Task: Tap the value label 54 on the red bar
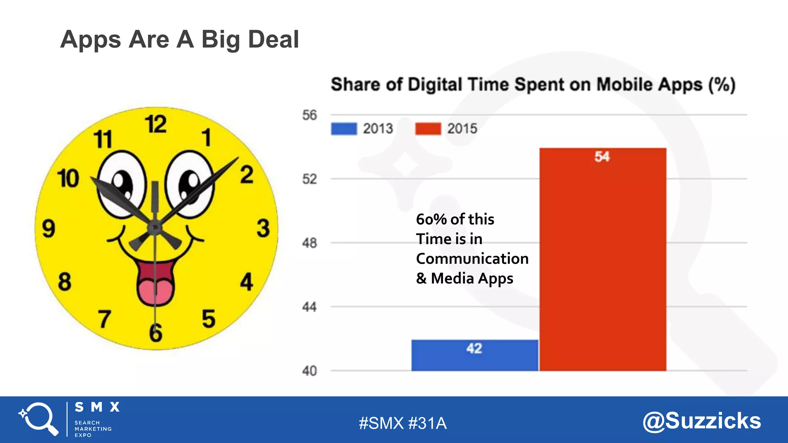coord(602,157)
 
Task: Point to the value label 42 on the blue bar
coord(474,348)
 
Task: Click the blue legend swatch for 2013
coord(344,128)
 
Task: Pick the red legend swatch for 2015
coord(428,128)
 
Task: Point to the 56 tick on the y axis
coord(309,115)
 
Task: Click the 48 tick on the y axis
coord(309,243)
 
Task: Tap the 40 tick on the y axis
coord(309,371)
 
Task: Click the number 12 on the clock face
coord(156,124)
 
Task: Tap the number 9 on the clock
coord(49,228)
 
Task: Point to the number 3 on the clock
coord(263,228)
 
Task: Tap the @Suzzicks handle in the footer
coord(701,421)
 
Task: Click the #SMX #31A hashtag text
coord(402,423)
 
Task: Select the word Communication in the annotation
coord(472,258)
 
